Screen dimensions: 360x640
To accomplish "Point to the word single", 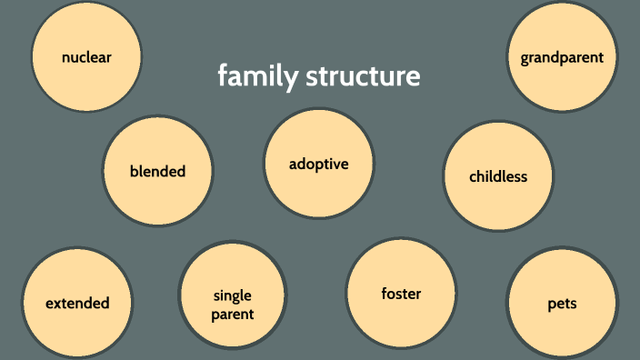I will [x=233, y=295].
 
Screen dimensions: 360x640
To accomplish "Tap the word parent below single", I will [x=233, y=315].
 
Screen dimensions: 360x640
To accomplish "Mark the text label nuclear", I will [x=86, y=57].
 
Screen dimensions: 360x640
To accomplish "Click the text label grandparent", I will [x=562, y=57].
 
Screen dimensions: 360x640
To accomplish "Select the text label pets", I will [x=562, y=304].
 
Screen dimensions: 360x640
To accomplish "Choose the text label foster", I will [x=401, y=294].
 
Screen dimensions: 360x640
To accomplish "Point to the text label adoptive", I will [x=318, y=164].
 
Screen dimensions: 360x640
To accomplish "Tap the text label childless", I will [x=497, y=176].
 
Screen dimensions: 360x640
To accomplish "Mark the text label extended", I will [x=77, y=304].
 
